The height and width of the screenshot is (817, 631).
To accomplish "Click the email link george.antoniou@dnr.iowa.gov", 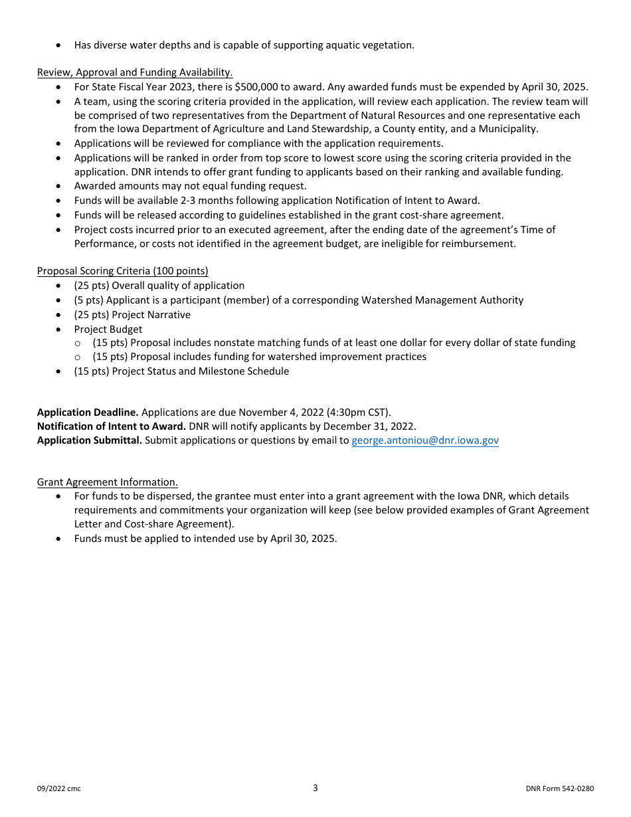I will click(x=425, y=440).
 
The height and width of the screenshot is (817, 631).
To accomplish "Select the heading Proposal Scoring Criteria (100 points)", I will click(x=122, y=271).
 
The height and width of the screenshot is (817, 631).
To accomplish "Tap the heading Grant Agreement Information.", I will click(x=107, y=482).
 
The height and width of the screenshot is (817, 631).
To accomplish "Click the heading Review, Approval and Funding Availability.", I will click(x=135, y=72).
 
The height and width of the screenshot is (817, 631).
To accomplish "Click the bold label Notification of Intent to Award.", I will click(x=111, y=426).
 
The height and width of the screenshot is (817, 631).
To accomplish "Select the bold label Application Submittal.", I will click(x=90, y=440).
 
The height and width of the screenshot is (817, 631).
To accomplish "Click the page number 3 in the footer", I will click(x=315, y=788).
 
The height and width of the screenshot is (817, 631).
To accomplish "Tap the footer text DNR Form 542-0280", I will click(x=559, y=789).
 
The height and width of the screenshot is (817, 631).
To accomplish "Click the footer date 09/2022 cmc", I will click(x=59, y=789).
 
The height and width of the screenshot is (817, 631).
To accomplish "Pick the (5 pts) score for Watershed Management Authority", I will click(x=88, y=300).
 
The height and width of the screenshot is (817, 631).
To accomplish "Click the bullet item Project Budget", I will click(x=108, y=329).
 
